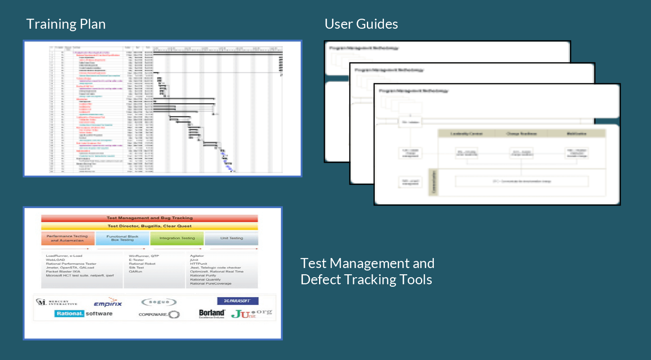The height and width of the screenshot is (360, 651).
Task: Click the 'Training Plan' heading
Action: (66, 24)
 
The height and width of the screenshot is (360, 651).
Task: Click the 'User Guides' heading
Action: (361, 24)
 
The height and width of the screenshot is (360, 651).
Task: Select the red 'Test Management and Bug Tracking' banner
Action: (149, 218)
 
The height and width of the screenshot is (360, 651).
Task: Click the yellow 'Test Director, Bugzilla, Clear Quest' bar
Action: (149, 226)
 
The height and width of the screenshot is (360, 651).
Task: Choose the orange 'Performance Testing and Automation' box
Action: (67, 238)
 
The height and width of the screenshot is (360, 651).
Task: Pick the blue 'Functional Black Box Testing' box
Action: (122, 238)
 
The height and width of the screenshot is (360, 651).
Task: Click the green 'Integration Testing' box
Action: (177, 238)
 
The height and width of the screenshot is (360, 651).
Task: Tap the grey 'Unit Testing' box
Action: (231, 238)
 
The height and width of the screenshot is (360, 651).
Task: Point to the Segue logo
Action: (159, 302)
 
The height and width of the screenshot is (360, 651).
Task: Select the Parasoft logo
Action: (238, 301)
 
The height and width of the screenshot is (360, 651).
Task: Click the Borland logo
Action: (212, 313)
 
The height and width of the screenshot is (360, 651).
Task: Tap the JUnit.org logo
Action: (251, 313)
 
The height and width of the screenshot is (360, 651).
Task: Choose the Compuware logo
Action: (159, 315)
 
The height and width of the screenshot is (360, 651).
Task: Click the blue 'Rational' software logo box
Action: (69, 313)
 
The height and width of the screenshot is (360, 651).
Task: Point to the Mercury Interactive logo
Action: (57, 303)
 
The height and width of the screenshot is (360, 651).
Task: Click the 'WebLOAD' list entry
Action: (55, 260)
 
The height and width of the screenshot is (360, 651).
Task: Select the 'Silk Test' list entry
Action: (136, 268)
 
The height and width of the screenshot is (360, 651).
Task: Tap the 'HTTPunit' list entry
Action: (198, 264)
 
